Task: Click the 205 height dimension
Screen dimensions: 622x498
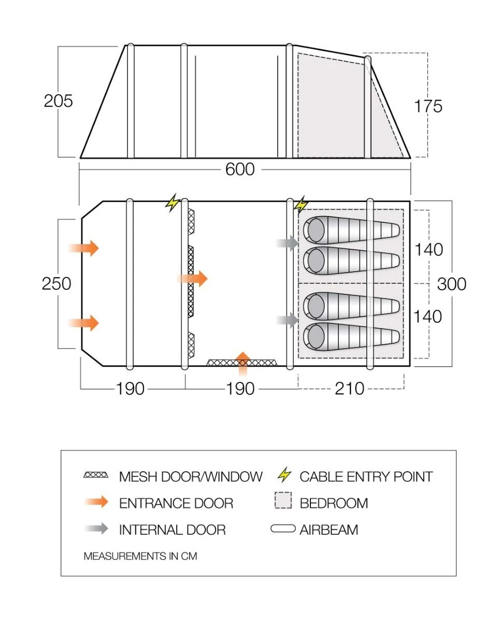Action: (59, 101)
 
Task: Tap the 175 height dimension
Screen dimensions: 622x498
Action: (428, 106)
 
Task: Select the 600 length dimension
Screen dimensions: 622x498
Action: (240, 169)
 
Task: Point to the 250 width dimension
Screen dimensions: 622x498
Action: (57, 284)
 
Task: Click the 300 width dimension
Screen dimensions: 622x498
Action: (452, 284)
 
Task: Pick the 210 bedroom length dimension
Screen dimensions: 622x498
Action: (350, 388)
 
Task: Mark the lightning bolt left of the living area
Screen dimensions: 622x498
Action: (172, 203)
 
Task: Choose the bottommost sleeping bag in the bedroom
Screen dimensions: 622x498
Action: (352, 337)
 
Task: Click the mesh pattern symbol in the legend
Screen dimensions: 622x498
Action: (96, 475)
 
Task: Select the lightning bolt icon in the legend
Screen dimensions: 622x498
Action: (284, 474)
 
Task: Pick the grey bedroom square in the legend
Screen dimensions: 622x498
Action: (283, 502)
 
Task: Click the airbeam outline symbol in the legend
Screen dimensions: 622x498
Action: (283, 529)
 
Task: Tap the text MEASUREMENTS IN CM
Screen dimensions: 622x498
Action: (140, 556)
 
